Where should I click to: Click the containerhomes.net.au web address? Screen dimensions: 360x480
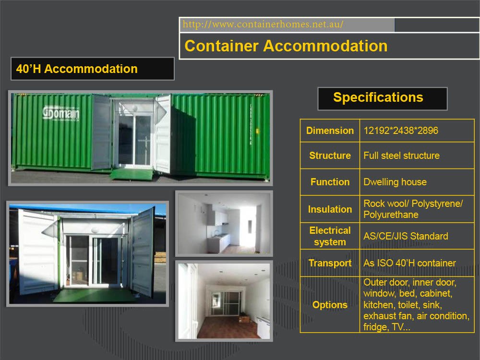coord(263,24)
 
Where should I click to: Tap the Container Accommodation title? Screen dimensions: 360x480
coord(286,46)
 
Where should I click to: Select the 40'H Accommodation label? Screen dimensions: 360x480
coord(77,69)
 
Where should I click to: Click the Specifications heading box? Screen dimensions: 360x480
coord(378,98)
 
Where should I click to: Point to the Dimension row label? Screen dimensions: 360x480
coord(330,131)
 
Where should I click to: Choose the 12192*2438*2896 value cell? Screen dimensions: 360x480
coord(401,131)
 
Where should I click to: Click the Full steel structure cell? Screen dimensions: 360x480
coord(401,156)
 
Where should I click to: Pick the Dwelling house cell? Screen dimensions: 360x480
coord(395,182)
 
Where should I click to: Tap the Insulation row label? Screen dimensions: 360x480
coord(330,209)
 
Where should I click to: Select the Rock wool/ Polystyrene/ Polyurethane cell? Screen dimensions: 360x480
coord(413,209)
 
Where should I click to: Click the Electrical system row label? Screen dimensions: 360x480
coord(330,236)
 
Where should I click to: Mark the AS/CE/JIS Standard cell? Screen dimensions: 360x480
coord(406,236)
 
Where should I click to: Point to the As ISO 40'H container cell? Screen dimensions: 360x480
coord(409,263)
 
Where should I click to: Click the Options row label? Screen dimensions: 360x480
coord(330,305)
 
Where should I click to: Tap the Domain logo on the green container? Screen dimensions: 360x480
coord(61,113)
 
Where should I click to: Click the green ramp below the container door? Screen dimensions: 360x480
coord(132,174)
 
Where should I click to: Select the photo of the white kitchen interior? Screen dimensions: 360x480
coord(224,223)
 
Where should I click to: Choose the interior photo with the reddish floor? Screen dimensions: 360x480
coord(224,300)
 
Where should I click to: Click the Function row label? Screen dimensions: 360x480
coord(330,182)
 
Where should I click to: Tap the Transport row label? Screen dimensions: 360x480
coord(330,263)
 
